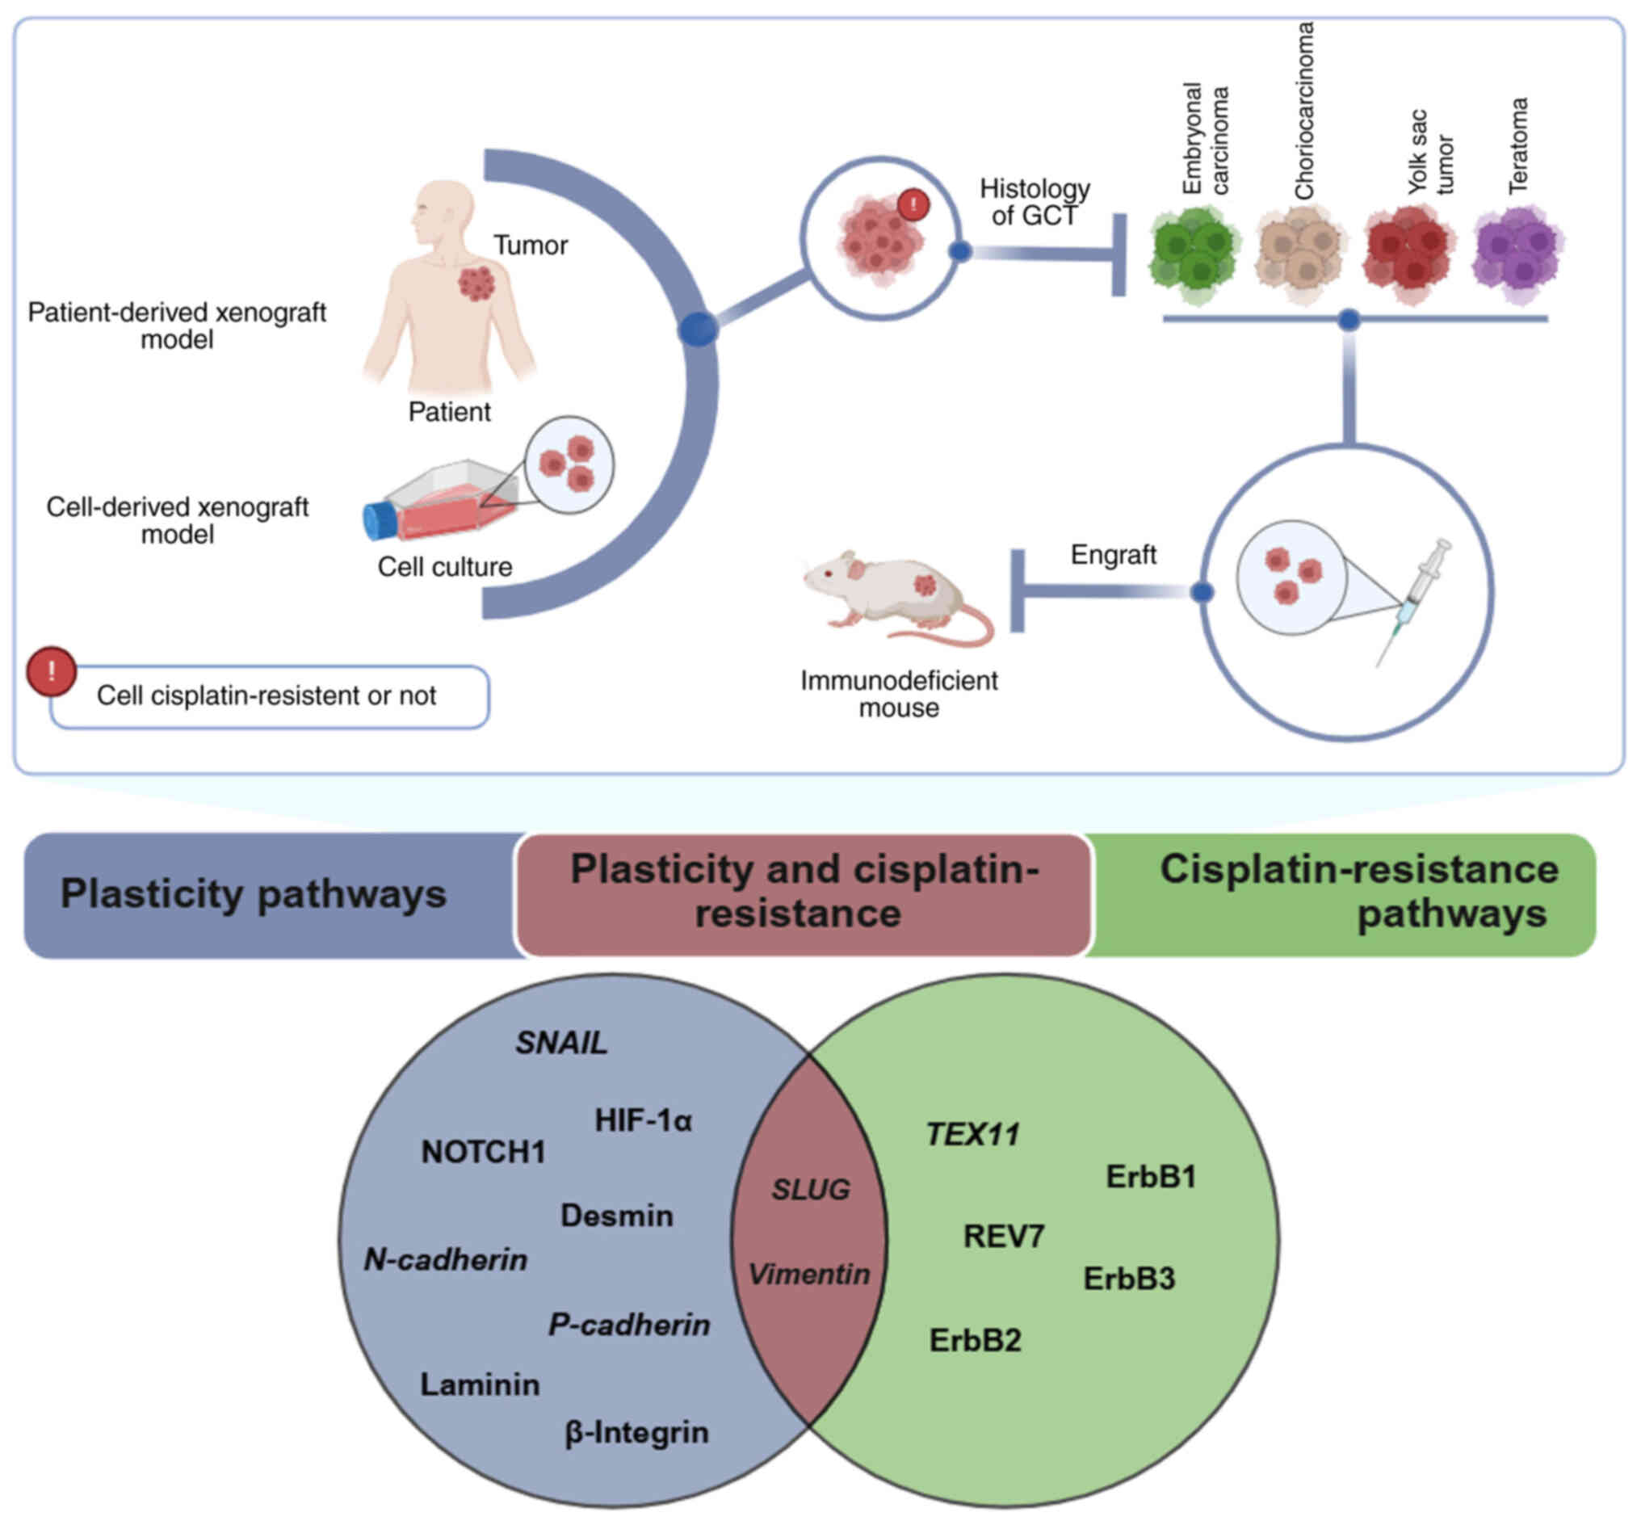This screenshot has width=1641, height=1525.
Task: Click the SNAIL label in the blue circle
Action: [561, 1043]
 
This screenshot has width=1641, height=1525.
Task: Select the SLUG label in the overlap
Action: [810, 1190]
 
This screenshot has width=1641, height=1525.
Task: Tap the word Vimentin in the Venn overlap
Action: [808, 1275]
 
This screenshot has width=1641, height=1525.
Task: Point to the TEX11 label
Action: [972, 1135]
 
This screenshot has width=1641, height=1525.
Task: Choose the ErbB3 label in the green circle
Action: [1128, 1279]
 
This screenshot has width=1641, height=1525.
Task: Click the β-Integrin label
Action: [636, 1433]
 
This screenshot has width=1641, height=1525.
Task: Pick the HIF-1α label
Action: [643, 1120]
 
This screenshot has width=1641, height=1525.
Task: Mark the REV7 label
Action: [1003, 1236]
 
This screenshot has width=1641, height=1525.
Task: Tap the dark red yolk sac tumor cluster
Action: [1408, 252]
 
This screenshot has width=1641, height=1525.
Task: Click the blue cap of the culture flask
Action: [380, 521]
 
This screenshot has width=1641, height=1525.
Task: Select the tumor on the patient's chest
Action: [476, 283]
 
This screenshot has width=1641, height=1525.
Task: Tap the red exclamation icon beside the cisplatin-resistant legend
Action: [51, 672]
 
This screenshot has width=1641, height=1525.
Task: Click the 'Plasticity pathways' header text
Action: [254, 894]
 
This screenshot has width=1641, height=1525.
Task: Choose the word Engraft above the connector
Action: [1112, 555]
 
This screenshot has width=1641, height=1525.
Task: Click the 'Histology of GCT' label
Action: [1034, 202]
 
